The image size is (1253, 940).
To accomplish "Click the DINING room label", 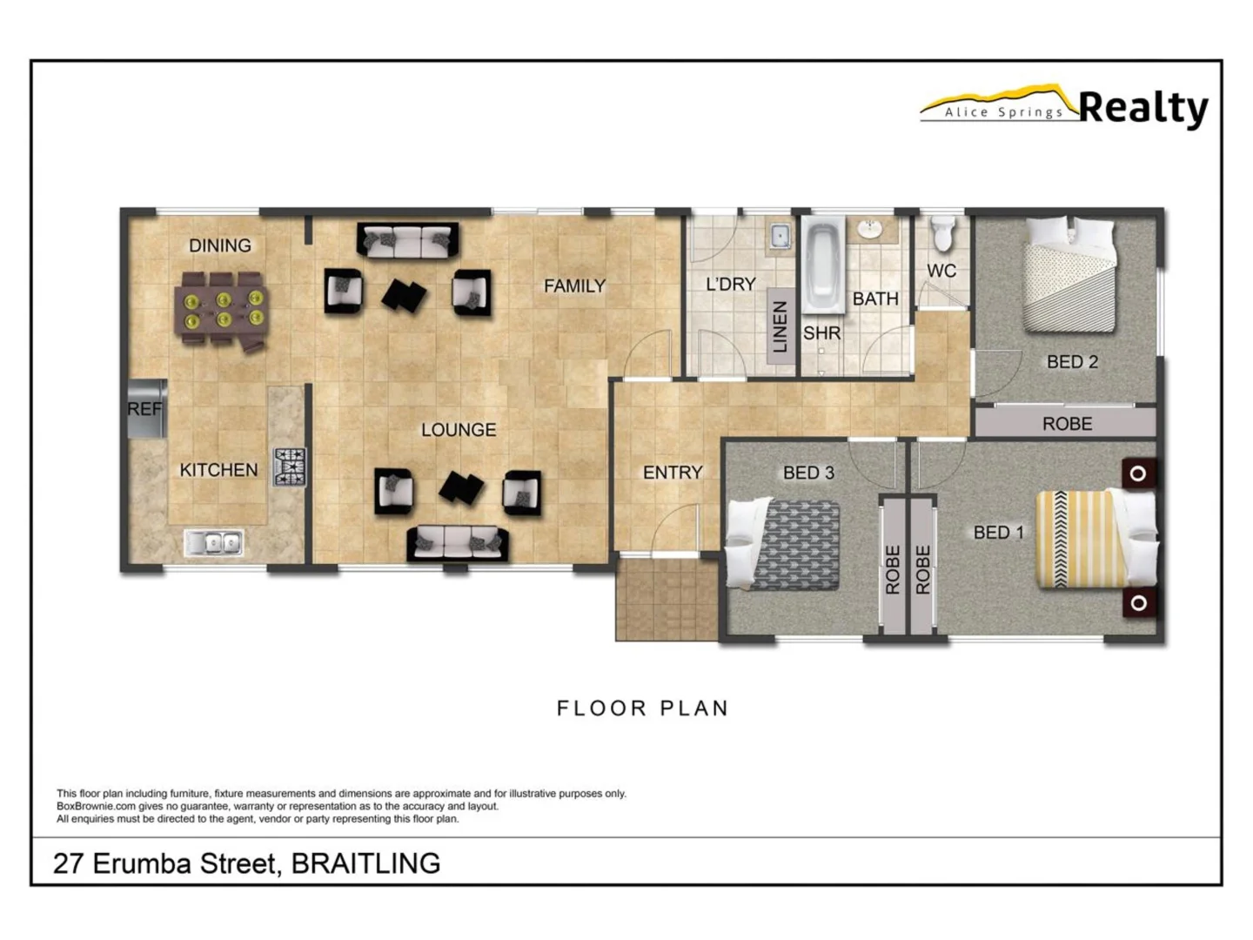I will tap(219, 245).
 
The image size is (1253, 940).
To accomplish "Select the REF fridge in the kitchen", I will tap(145, 408).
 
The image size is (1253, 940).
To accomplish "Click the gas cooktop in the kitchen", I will tap(290, 467).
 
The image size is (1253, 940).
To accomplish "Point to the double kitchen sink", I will tap(214, 543).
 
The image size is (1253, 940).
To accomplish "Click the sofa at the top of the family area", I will tap(407, 240).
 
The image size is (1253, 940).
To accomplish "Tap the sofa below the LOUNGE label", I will tap(458, 543).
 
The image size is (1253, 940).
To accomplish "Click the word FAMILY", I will tap(574, 285).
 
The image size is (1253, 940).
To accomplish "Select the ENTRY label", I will tap(672, 473).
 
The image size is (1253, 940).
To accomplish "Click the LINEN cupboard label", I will tap(780, 326).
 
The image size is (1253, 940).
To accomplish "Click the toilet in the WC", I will tap(942, 233).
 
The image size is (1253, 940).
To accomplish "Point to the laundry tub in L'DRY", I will tap(780, 235).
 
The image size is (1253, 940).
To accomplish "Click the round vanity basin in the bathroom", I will tap(868, 229).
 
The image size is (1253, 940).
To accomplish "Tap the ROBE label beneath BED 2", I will tap(1067, 424).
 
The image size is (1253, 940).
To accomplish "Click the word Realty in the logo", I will tap(1142, 108).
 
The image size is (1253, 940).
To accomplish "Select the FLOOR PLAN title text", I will tap(642, 708).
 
